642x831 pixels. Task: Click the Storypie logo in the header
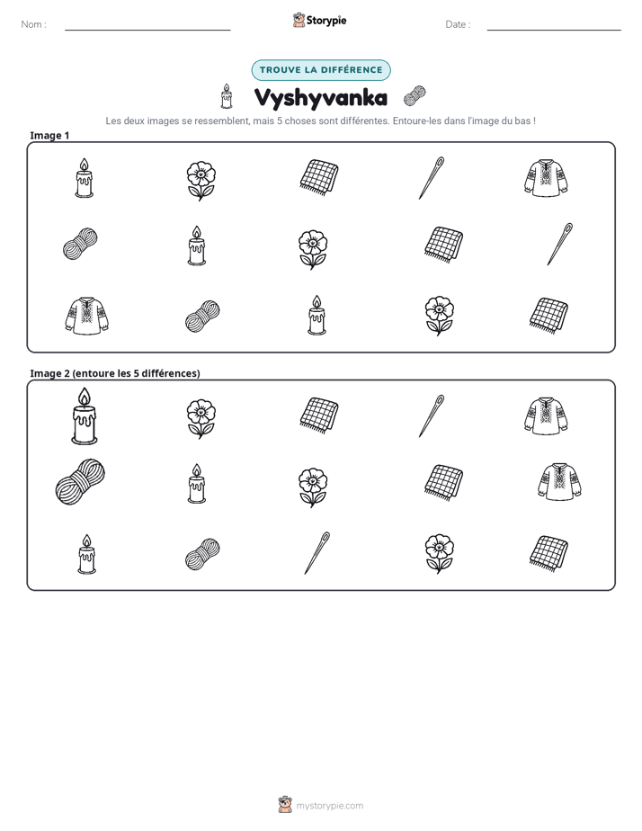click(319, 20)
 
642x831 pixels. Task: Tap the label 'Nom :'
click(34, 24)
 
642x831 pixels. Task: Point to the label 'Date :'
click(458, 24)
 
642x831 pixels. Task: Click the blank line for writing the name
click(147, 30)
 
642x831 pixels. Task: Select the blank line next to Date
click(554, 30)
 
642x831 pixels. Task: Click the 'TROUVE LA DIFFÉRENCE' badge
click(321, 70)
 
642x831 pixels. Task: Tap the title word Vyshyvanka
click(321, 97)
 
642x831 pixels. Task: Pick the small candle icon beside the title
click(227, 96)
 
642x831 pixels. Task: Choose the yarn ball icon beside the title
click(415, 96)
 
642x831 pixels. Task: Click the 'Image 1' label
click(49, 135)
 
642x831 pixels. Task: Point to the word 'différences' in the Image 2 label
click(170, 373)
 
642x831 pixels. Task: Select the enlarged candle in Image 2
click(85, 416)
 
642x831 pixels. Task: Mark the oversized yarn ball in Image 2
click(80, 481)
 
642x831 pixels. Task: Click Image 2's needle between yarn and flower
click(317, 553)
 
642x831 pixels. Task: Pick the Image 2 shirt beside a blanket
click(559, 481)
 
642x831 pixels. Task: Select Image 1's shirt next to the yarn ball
click(87, 316)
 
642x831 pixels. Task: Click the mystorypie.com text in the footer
click(329, 806)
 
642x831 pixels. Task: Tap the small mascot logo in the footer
click(285, 805)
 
